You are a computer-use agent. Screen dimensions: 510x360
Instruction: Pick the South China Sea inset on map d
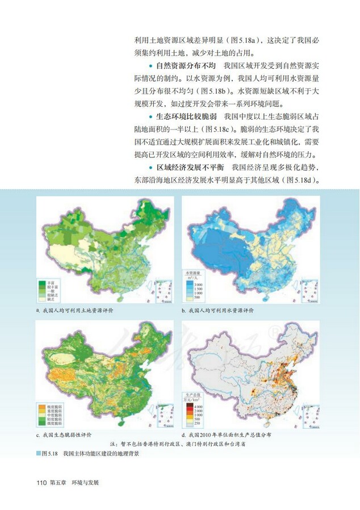tap(309, 416)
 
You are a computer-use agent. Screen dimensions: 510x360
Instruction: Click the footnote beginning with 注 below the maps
tap(177, 444)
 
